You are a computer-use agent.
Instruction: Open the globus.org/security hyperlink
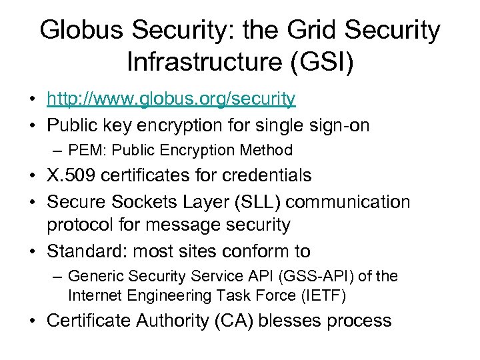click(x=171, y=99)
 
